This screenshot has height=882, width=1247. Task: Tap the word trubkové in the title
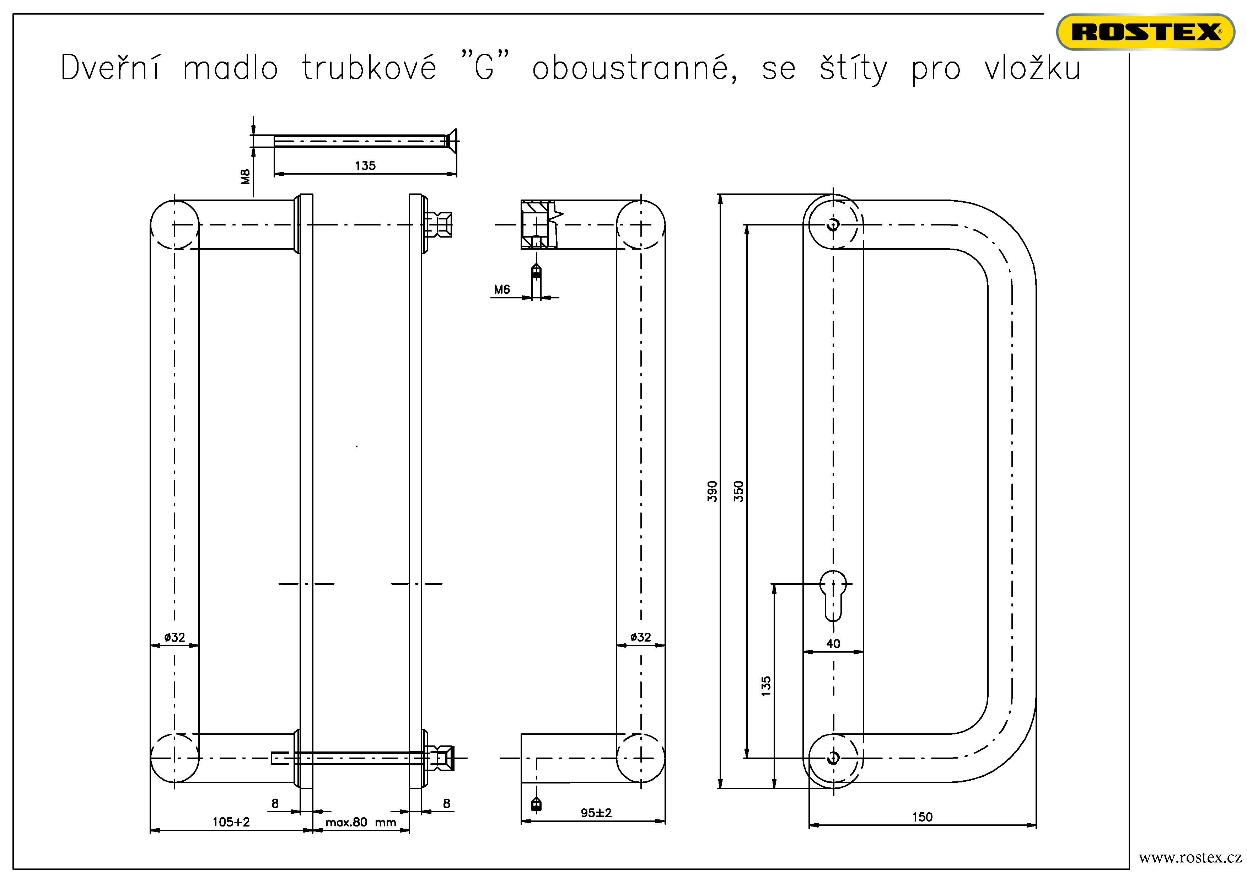pos(369,69)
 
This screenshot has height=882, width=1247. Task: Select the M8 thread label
pos(246,176)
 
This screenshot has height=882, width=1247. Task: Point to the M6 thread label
pos(502,289)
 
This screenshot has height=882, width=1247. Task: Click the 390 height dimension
pos(712,491)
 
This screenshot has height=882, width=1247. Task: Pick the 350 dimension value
pos(738,491)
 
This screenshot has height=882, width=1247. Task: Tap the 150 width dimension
pos(922,817)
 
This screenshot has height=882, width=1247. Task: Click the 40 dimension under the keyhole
pos(833,644)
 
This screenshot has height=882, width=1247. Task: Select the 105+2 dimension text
pos(231,822)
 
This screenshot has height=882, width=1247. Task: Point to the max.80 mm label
pos(361,822)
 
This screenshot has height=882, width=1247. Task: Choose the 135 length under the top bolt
pos(365,166)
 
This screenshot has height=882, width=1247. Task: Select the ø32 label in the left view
pos(174,637)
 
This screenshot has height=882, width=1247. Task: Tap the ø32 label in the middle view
pos(640,637)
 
